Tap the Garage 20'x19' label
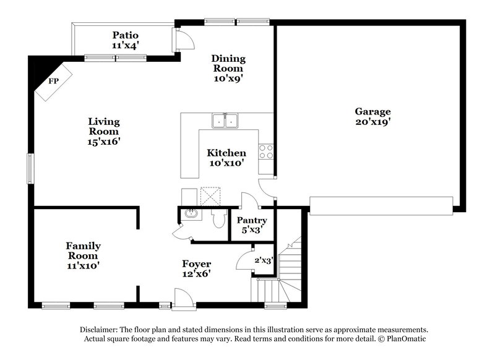pyautogui.click(x=372, y=117)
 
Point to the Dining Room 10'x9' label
pyautogui.click(x=229, y=69)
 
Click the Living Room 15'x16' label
pyautogui.click(x=103, y=131)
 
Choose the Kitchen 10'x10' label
pyautogui.click(x=226, y=158)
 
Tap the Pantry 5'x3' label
pyautogui.click(x=252, y=225)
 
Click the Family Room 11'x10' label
pyautogui.click(x=84, y=255)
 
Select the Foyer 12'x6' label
pyautogui.click(x=196, y=268)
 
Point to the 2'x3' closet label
pyautogui.click(x=264, y=261)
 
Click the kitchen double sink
pyautogui.click(x=225, y=121)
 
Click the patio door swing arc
pyautogui.click(x=184, y=40)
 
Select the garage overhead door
pyautogui.click(x=380, y=205)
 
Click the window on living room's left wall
pyautogui.click(x=29, y=168)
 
